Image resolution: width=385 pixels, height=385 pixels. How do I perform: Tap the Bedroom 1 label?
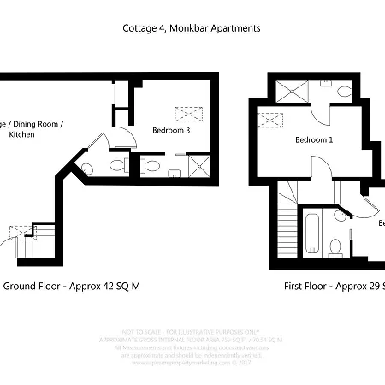click(x=313, y=139)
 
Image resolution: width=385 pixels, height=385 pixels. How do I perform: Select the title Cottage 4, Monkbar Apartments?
click(x=192, y=28)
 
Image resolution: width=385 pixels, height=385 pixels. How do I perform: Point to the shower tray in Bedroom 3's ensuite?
click(x=198, y=165)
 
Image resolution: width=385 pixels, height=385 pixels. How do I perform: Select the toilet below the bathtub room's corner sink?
click(x=336, y=247)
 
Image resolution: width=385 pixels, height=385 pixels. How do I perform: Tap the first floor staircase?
click(x=286, y=227)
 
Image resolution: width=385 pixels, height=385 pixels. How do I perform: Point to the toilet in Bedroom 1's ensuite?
click(x=344, y=91)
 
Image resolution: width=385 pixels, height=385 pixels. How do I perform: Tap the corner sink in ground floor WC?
click(x=86, y=169)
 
